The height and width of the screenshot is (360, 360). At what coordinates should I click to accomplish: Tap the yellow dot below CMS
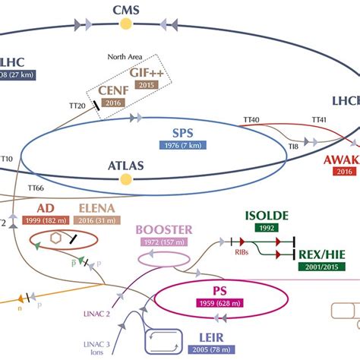126,24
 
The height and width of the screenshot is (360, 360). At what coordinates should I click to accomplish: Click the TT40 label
271,119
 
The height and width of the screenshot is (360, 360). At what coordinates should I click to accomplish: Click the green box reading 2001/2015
321,267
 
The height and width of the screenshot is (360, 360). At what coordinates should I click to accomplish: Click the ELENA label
98,208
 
